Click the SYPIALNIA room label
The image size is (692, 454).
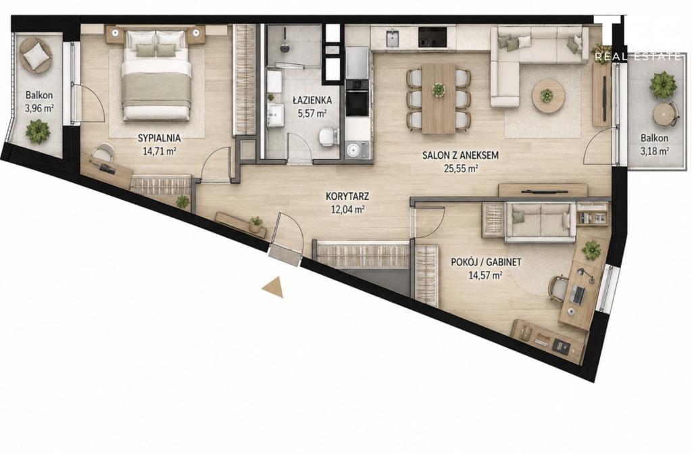[159, 138]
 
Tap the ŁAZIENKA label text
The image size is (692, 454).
[312, 100]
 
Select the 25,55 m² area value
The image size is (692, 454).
[460, 168]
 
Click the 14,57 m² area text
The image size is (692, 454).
[485, 276]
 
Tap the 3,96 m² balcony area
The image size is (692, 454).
[39, 109]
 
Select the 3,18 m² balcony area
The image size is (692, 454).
[654, 151]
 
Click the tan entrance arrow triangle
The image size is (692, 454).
[273, 287]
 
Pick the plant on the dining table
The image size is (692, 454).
[439, 89]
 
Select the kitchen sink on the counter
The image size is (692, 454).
[393, 38]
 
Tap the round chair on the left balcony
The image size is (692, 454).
[35, 54]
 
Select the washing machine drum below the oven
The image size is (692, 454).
[353, 149]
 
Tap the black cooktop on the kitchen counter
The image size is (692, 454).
[433, 38]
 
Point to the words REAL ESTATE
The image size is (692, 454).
[637, 57]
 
